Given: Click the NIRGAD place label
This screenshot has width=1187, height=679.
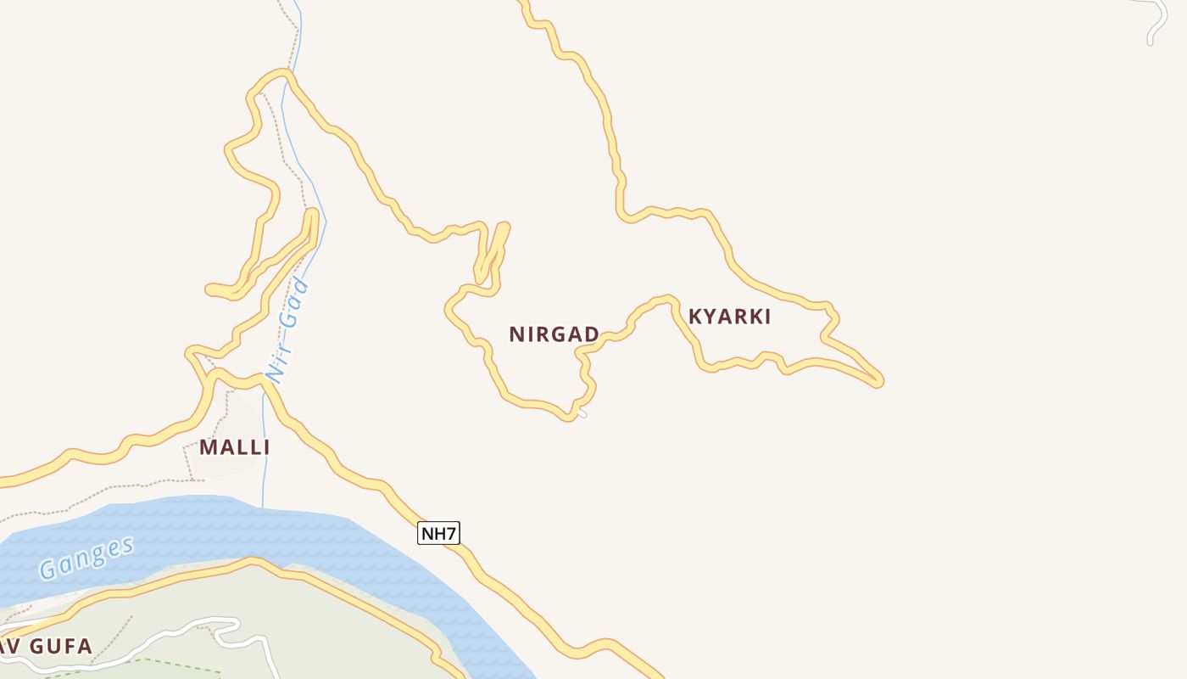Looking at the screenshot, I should point(554,334).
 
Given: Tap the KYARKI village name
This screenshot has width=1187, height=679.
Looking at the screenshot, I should point(729,317).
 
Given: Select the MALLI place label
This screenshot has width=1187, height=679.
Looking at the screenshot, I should point(234,447).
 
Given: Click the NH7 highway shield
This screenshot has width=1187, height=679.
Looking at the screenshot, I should point(438,533).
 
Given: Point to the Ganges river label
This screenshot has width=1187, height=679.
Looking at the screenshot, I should point(86,558).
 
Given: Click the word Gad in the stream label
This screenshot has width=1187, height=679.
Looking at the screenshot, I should point(293,306).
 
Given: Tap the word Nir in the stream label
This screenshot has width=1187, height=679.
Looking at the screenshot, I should point(277,362).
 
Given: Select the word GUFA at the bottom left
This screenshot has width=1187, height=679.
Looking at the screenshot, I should point(60,647).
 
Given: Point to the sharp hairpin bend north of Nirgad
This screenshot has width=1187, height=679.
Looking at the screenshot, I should point(504,227).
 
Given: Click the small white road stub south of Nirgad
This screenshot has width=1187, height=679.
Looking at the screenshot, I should point(582,413).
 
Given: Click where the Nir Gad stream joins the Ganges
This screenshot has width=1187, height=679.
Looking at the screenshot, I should point(263,507).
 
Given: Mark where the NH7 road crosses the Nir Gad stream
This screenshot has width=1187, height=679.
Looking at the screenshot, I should point(265,381).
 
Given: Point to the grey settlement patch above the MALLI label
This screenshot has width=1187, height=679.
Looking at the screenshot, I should point(237,416).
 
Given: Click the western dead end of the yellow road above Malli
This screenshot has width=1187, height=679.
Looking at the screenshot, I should point(210,290).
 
